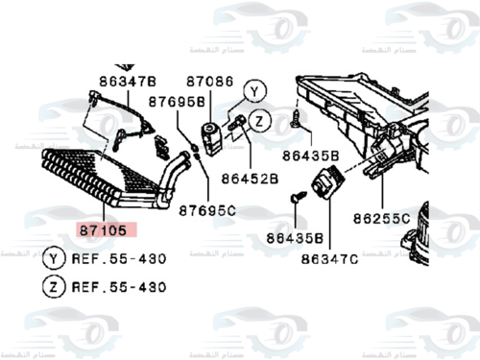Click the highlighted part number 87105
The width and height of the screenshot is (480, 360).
[x=108, y=230]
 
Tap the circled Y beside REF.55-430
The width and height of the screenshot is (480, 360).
[x=55, y=258]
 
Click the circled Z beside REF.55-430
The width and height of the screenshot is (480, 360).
[x=55, y=285]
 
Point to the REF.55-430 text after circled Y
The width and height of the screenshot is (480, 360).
[x=120, y=258]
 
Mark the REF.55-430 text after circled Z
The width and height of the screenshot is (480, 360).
[x=120, y=285]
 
